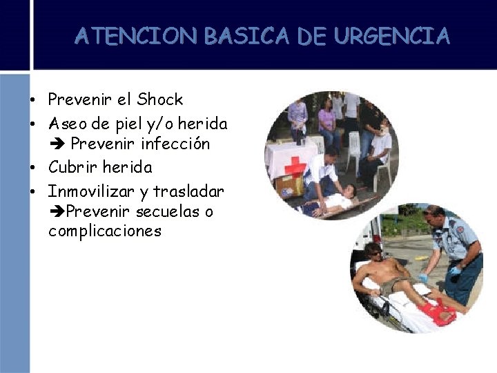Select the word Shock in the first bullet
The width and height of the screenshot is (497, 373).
(x=159, y=99)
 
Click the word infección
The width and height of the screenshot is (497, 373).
(x=175, y=144)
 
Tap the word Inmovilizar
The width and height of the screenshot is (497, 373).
(x=91, y=189)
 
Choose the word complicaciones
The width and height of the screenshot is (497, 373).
(x=104, y=231)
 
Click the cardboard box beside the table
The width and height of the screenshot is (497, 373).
(x=289, y=185)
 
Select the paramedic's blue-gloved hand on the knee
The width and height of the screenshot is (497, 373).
(x=423, y=278)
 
